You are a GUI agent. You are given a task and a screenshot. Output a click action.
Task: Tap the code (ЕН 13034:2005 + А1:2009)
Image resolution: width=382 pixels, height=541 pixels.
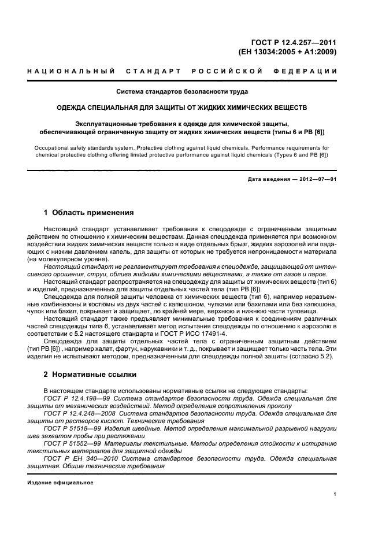tap(287, 51)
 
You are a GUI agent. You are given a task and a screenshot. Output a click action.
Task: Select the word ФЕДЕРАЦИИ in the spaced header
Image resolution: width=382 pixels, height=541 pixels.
tap(309, 71)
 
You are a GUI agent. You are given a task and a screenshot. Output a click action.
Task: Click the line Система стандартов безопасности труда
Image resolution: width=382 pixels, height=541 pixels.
tap(183, 91)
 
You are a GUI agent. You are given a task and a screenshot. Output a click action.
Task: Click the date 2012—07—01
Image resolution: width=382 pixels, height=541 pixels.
tap(318, 179)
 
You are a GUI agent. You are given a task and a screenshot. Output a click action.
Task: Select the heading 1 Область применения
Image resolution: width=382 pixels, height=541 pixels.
tap(89, 212)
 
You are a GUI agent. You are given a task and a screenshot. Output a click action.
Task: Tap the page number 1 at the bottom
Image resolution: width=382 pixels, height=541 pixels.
tap(335, 494)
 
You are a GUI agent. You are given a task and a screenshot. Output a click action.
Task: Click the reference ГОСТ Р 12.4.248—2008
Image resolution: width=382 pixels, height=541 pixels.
tap(79, 414)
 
